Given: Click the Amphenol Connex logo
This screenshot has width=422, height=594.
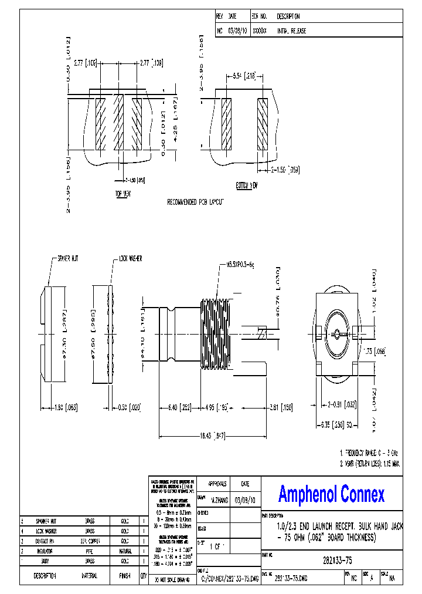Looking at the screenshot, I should pyautogui.click(x=331, y=494).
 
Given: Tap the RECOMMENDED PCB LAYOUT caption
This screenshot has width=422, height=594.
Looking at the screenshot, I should pyautogui.click(x=196, y=201).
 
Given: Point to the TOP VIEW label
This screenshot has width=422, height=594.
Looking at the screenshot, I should pyautogui.click(x=122, y=193).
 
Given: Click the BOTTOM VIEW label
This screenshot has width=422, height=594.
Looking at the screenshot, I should pyautogui.click(x=246, y=185).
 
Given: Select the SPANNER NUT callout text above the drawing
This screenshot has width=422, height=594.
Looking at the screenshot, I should pyautogui.click(x=69, y=258).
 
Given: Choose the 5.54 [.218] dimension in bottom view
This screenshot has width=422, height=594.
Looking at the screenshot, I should pyautogui.click(x=244, y=76).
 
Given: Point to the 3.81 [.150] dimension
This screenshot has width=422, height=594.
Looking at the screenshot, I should pyautogui.click(x=281, y=407).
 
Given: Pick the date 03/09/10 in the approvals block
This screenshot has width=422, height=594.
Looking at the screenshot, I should pyautogui.click(x=245, y=500).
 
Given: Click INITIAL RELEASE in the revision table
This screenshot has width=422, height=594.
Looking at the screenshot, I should pyautogui.click(x=291, y=31).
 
